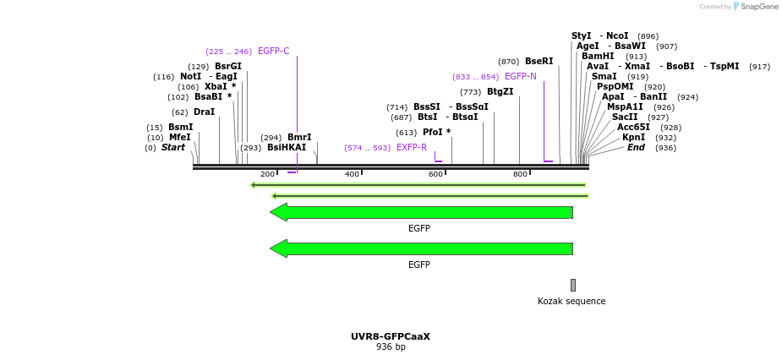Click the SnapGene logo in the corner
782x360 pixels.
pyautogui.click(x=756, y=7)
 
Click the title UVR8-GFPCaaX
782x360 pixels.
pyautogui.click(x=391, y=336)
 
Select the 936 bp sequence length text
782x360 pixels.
pyautogui.click(x=391, y=347)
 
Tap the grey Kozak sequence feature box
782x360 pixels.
pyautogui.click(x=572, y=285)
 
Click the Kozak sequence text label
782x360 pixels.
pyautogui.click(x=571, y=302)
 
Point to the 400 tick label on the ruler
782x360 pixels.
pyautogui.click(x=352, y=174)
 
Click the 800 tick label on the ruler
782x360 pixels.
pyautogui.click(x=520, y=174)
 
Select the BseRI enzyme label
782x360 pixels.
pyautogui.click(x=539, y=62)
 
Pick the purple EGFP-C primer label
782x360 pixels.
pyautogui.click(x=273, y=52)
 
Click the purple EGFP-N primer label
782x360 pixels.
pyautogui.click(x=520, y=77)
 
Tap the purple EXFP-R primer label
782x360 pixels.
pyautogui.click(x=412, y=148)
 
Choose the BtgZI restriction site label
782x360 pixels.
pyautogui.click(x=500, y=92)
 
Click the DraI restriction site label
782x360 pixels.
pyautogui.click(x=204, y=112)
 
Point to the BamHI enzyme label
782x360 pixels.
pyautogui.click(x=598, y=57)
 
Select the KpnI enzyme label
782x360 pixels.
pyautogui.click(x=633, y=138)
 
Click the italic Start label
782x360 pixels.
pyautogui.click(x=172, y=148)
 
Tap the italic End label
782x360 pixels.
pyautogui.click(x=636, y=148)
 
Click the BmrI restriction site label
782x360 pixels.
pyautogui.click(x=299, y=138)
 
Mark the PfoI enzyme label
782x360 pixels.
pyautogui.click(x=432, y=133)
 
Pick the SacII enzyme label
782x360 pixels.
pyautogui.click(x=625, y=117)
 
